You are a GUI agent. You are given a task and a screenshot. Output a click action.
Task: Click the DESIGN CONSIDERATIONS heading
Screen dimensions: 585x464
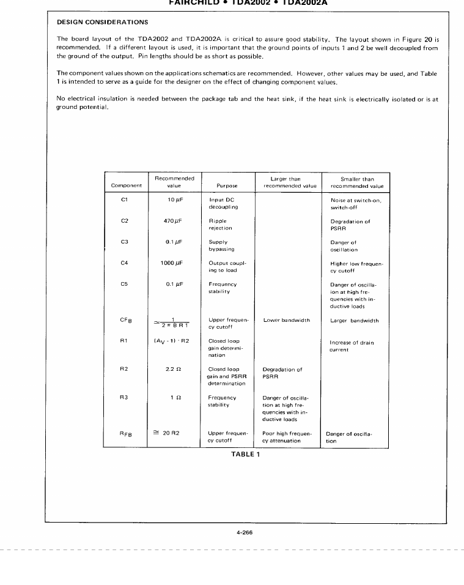tap(102, 22)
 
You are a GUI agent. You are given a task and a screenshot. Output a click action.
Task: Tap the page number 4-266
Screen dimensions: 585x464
tap(244, 533)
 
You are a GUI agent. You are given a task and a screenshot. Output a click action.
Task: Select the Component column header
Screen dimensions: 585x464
tap(126, 185)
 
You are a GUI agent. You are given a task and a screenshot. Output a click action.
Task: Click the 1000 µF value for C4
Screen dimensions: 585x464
tap(172, 263)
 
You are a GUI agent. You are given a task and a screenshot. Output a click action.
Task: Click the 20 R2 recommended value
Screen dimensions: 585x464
tap(174, 433)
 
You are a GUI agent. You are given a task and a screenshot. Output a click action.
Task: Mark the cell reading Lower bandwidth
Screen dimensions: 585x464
tap(286, 319)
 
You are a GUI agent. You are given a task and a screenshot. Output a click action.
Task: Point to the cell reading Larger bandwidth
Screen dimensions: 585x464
tap(354, 319)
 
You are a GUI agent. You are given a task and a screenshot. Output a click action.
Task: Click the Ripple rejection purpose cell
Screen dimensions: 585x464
tap(219, 225)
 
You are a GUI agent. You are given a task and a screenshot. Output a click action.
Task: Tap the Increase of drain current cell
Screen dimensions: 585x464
tap(351, 346)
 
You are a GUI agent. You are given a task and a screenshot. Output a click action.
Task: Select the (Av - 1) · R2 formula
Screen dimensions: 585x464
tap(173, 342)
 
